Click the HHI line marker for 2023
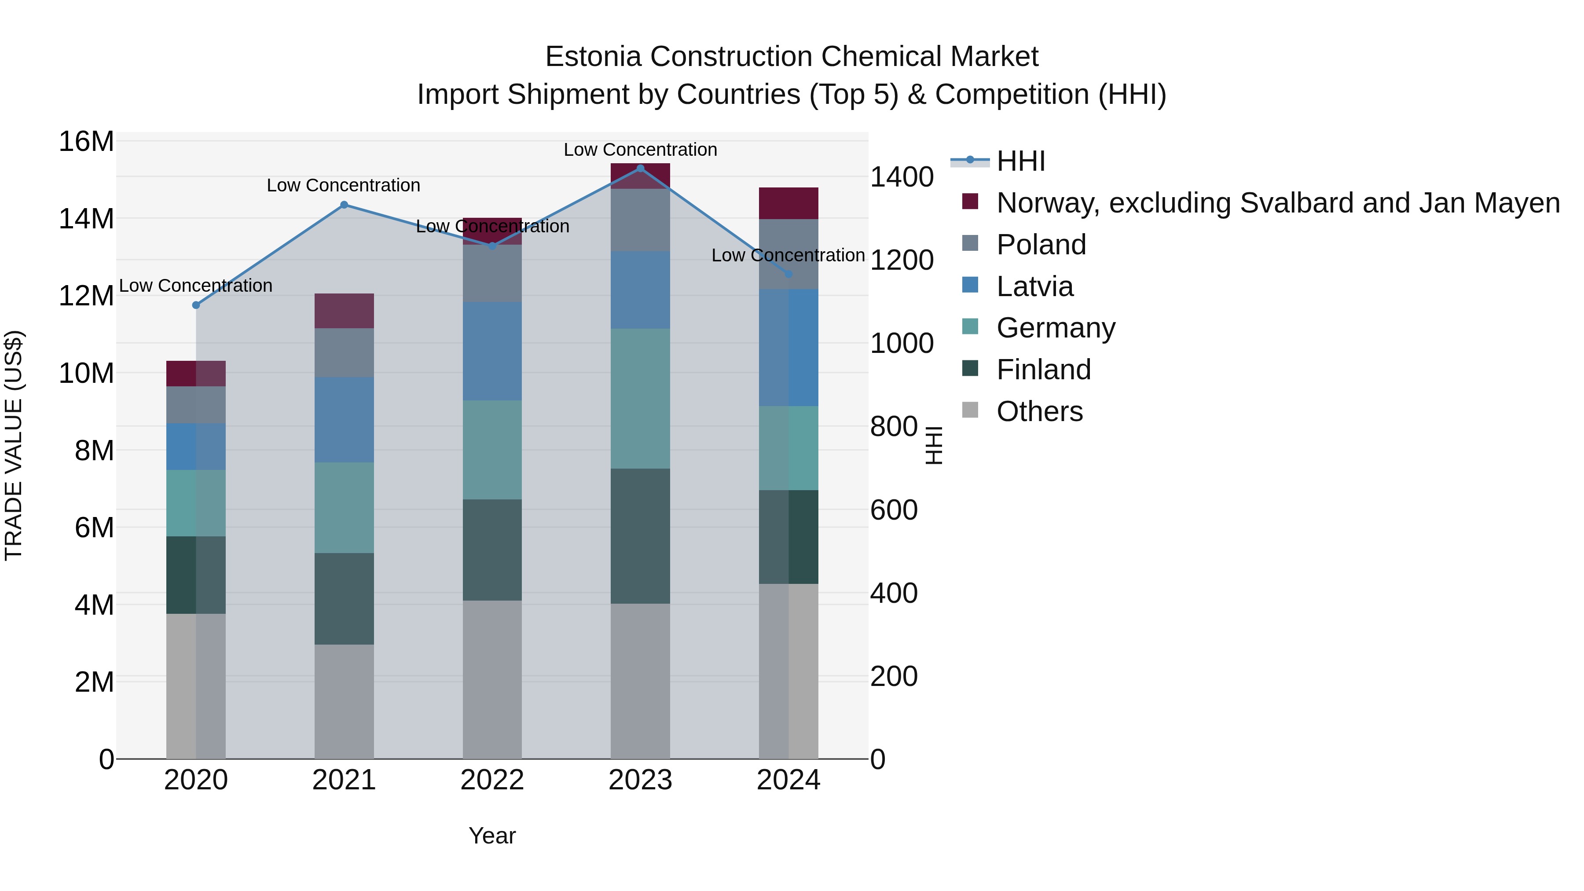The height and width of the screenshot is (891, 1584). click(x=640, y=169)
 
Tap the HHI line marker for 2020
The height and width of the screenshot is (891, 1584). click(x=196, y=305)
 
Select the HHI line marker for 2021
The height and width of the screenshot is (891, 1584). click(x=345, y=205)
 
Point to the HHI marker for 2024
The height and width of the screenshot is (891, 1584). click(x=788, y=274)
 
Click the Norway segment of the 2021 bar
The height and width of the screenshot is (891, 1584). click(x=345, y=311)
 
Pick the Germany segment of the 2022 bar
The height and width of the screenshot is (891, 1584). click(x=492, y=450)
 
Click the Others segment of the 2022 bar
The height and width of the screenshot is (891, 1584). click(x=492, y=679)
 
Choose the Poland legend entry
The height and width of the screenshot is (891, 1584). click(x=1041, y=245)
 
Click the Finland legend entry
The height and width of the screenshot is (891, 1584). click(x=1044, y=370)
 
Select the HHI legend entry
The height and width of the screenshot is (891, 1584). click(x=1021, y=161)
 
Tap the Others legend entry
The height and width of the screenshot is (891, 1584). click(x=1039, y=411)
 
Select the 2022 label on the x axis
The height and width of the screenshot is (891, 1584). click(x=492, y=780)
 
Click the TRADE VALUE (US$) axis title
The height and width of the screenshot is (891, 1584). click(x=14, y=445)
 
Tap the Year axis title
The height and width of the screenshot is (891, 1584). click(x=492, y=836)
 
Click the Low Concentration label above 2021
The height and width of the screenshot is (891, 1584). click(x=343, y=185)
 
